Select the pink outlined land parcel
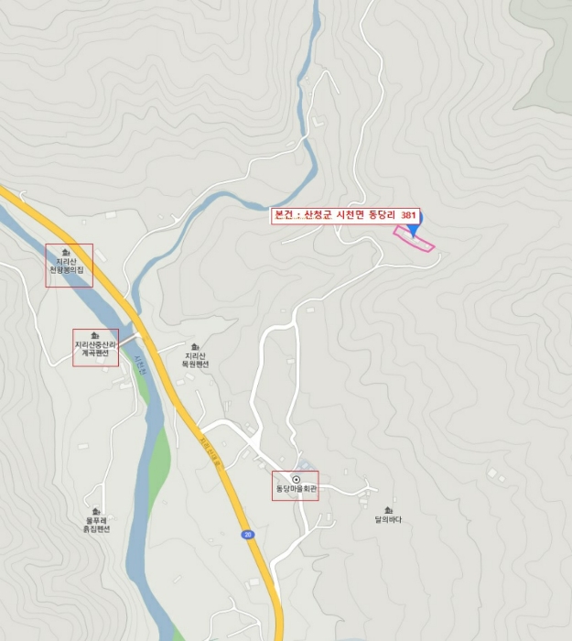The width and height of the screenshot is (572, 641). [x=414, y=239]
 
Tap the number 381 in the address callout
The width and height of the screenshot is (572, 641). [x=409, y=216]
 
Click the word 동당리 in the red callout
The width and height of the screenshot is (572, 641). [x=380, y=216]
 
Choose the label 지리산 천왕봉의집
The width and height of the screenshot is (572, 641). [x=70, y=266]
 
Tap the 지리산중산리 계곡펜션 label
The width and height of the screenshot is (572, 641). [x=96, y=349]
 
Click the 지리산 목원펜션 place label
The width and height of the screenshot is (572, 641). [x=196, y=360]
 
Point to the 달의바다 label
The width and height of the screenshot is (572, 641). [x=388, y=520]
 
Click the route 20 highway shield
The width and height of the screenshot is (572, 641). [x=247, y=534]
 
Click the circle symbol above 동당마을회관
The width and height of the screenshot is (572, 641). [x=296, y=479]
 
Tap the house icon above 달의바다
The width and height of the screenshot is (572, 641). [x=388, y=509]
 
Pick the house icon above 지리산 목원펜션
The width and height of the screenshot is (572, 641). [x=195, y=346]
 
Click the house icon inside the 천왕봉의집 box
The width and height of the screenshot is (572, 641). [x=66, y=252]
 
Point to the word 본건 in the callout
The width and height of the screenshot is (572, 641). [x=283, y=216]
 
